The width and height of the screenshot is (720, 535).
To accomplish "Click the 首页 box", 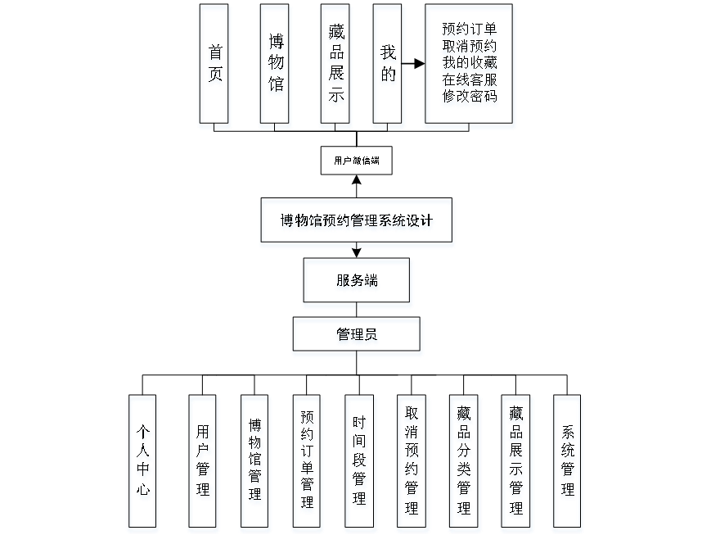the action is pyautogui.click(x=214, y=66).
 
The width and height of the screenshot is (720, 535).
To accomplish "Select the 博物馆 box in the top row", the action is pyautogui.click(x=275, y=66).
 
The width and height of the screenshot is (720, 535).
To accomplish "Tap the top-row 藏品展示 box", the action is pyautogui.click(x=335, y=66).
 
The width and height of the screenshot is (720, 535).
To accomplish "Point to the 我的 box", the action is pyautogui.click(x=388, y=66).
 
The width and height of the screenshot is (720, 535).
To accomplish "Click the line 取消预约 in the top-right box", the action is pyautogui.click(x=470, y=47).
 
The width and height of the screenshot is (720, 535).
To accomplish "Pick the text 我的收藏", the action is pyautogui.click(x=470, y=63).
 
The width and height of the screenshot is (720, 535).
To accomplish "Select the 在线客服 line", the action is pyautogui.click(x=470, y=80).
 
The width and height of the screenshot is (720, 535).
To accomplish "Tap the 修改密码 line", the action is pyautogui.click(x=470, y=97).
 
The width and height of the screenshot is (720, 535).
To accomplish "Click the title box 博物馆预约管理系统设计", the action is pyautogui.click(x=357, y=222).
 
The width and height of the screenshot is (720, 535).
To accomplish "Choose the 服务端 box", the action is pyautogui.click(x=358, y=283).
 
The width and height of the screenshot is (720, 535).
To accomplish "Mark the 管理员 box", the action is pyautogui.click(x=358, y=337).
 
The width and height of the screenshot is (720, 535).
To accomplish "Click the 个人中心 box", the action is pyautogui.click(x=143, y=464).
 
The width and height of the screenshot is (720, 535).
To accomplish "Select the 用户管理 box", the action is pyautogui.click(x=203, y=464).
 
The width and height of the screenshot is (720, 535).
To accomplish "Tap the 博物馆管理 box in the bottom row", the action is pyautogui.click(x=255, y=464).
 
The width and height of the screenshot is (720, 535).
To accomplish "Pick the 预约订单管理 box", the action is pyautogui.click(x=308, y=464).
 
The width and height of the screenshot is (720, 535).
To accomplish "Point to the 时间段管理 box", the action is pyautogui.click(x=360, y=464).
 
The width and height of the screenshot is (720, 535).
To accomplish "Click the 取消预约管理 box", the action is pyautogui.click(x=412, y=464).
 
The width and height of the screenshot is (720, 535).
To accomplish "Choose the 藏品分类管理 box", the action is pyautogui.click(x=465, y=464).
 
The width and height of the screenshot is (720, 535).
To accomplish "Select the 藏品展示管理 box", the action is pyautogui.click(x=516, y=464).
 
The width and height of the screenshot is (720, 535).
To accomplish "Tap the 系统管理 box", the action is pyautogui.click(x=568, y=464).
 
